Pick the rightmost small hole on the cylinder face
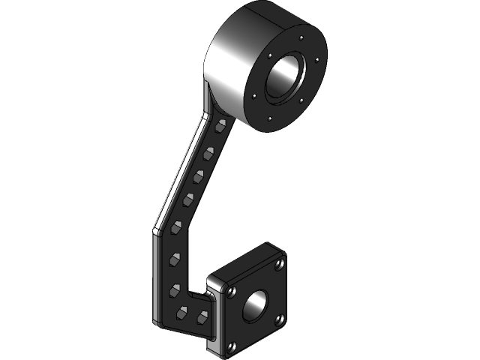(319, 61)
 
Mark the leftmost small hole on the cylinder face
(255, 95)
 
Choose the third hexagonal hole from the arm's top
(200, 177)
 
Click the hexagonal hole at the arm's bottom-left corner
(181, 313)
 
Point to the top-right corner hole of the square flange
(279, 264)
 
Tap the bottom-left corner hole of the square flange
(229, 346)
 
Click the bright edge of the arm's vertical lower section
(156, 277)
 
